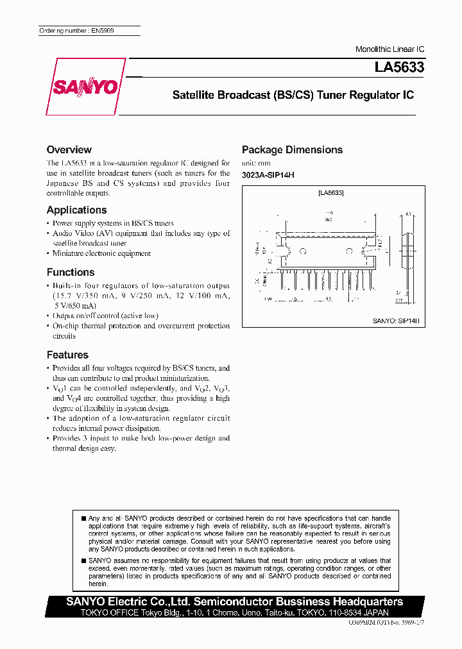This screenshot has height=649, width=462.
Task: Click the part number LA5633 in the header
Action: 399,66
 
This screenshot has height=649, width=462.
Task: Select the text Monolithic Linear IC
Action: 389,49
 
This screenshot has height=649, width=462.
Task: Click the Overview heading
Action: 69,149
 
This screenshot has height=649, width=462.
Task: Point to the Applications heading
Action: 76,210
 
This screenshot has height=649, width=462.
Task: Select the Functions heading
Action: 71,272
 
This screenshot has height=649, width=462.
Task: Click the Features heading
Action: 67,355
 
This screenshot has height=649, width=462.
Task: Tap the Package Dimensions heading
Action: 292,149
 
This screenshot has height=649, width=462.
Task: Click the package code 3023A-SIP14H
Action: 268,175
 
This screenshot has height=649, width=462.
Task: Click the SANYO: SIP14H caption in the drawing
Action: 396,320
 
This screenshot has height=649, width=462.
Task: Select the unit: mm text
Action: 252,164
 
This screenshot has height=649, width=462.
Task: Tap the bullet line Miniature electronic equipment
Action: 101,253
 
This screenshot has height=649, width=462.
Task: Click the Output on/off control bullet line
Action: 105,316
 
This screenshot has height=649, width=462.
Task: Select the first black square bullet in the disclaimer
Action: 83,518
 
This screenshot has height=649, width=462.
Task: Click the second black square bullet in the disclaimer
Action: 83,560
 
